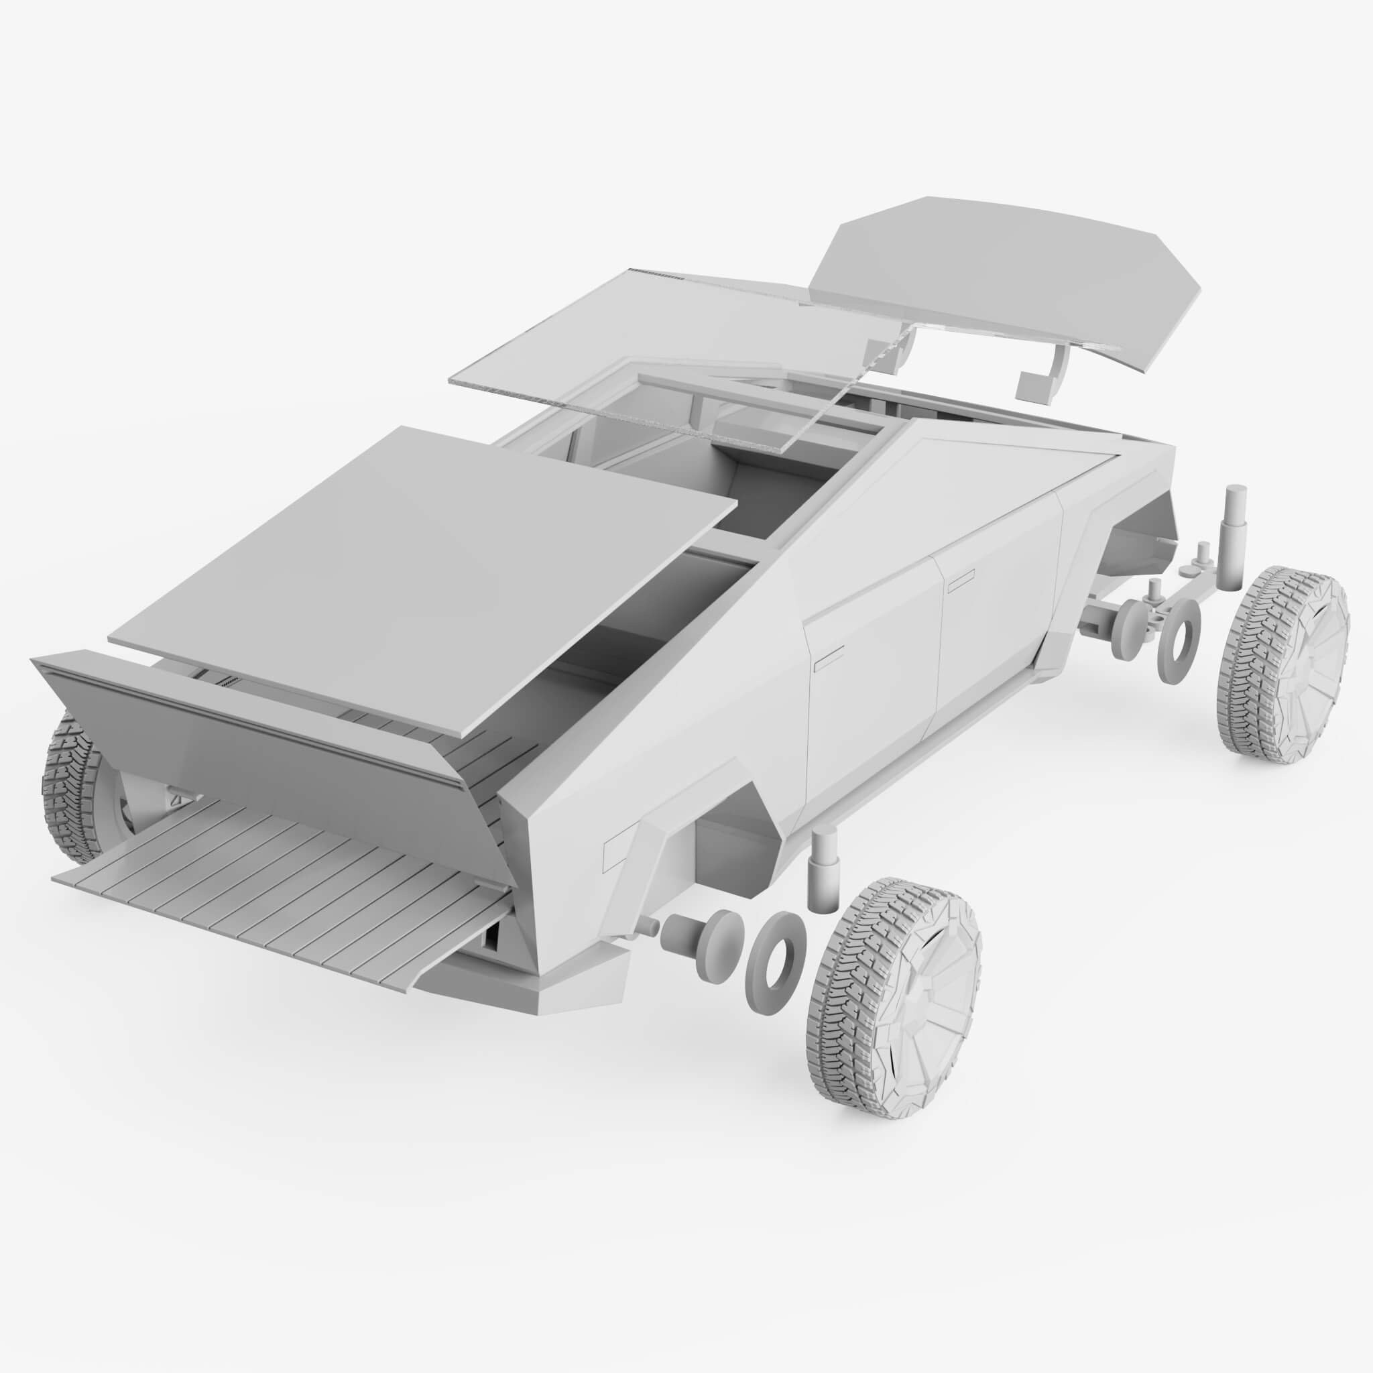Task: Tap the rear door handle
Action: [828, 662]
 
